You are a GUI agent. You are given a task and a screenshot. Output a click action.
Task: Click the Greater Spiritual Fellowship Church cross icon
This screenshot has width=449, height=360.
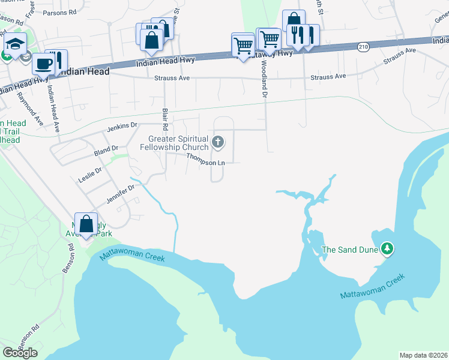tap(218, 143)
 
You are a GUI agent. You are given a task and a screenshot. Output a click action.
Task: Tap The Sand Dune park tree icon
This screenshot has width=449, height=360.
tap(388, 249)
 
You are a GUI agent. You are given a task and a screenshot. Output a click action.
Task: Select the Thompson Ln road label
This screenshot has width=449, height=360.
tap(205, 159)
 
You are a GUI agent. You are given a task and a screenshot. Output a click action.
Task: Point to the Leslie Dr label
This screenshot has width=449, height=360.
tap(90, 175)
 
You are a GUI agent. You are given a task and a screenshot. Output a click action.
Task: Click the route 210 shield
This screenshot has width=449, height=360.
tap(363, 46)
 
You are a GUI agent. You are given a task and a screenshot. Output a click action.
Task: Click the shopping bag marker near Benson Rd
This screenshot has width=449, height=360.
tap(86, 223)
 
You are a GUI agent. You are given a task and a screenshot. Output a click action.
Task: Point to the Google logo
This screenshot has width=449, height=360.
tap(20, 353)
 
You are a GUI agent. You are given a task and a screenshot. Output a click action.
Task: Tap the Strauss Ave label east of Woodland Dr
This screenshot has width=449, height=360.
tap(328, 77)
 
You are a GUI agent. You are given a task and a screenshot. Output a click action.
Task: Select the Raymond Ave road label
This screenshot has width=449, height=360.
tap(30, 108)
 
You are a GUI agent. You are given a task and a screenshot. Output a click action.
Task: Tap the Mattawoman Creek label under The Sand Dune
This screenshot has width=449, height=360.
tap(372, 287)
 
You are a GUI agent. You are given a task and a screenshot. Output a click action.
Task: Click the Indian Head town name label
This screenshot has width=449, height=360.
tap(85, 71)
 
